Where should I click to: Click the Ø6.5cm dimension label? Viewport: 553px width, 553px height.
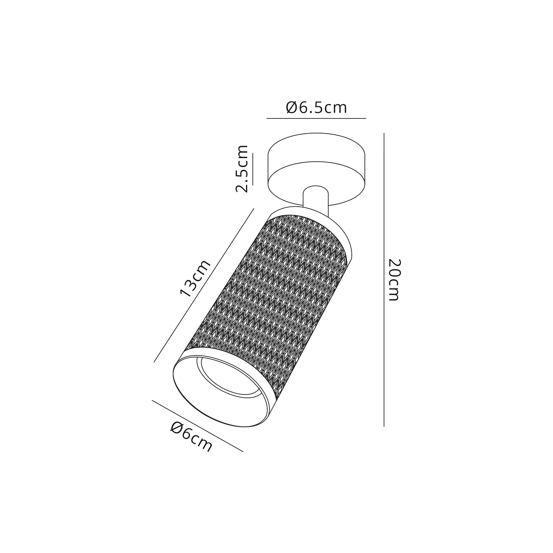coord(316,108)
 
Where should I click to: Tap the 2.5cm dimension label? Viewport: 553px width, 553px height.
coord(242,169)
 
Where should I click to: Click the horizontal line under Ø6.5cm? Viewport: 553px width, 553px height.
coord(316,118)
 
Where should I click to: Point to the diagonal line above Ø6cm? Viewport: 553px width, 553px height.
coord(197,426)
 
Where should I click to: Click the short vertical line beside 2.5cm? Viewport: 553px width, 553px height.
coord(253,169)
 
